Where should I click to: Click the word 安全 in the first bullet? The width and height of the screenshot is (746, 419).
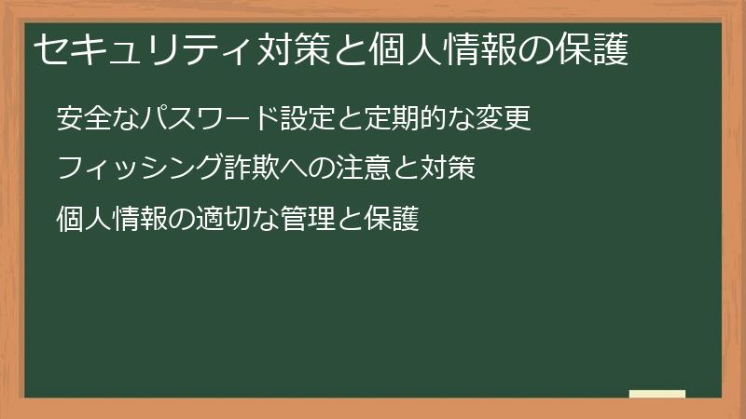coord(82,119)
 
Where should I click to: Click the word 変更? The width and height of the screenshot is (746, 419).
coord(510,119)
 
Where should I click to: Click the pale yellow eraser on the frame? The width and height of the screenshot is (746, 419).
coord(657,394)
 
